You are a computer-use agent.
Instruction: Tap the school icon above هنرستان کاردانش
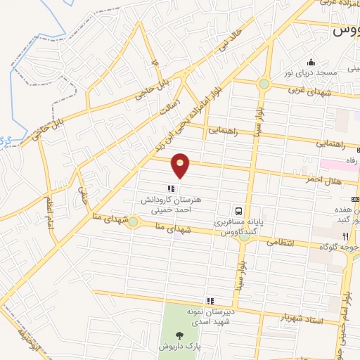(x=170, y=188)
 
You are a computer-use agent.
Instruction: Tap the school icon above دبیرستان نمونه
(x=209, y=301)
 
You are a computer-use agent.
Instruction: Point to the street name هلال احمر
(x=323, y=181)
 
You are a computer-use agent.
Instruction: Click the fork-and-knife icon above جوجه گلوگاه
(x=345, y=236)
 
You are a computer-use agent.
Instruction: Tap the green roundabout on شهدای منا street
(x=133, y=223)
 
